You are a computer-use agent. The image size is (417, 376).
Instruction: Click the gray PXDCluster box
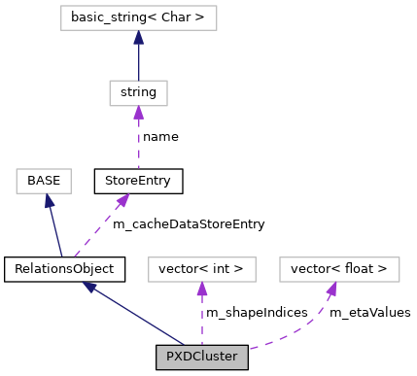[x=201, y=357]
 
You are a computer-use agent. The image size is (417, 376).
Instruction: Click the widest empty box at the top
[x=138, y=17]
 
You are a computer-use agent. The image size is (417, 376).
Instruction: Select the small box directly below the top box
[x=138, y=93]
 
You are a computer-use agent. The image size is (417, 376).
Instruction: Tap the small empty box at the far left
[x=44, y=181]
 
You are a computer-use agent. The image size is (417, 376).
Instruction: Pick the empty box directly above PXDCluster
[x=201, y=269]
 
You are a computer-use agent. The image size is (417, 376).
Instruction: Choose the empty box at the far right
[x=339, y=269]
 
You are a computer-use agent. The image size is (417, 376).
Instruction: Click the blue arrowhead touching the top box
[x=138, y=38]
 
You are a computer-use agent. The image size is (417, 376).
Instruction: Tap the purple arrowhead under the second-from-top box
[x=138, y=114]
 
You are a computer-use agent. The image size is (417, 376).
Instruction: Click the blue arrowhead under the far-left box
[x=48, y=201]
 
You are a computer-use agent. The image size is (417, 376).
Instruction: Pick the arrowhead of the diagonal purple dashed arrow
[x=122, y=200]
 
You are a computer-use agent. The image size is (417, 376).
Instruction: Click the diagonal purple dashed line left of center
[x=97, y=231]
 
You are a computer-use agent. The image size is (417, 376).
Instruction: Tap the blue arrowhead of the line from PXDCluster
[x=89, y=288]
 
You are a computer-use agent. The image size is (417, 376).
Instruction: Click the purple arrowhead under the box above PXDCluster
[x=201, y=290]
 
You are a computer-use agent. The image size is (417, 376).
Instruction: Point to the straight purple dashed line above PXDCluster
[x=201, y=319]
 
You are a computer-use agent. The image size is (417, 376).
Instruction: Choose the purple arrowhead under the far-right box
[x=331, y=290]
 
